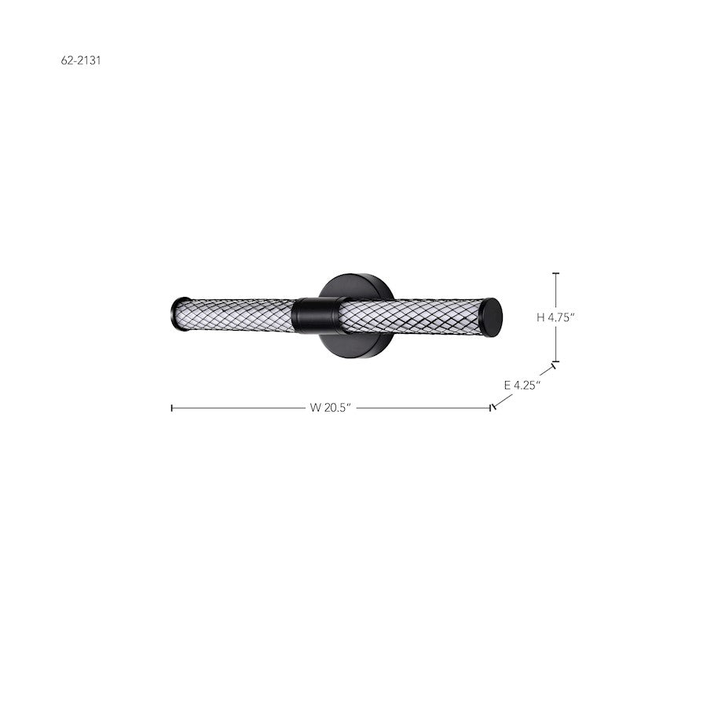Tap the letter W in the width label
point(315,408)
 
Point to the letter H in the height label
point(540,317)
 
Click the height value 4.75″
point(562,317)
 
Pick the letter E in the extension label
point(507,385)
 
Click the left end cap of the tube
point(180,313)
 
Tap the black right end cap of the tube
point(492,317)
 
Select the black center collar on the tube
point(314,316)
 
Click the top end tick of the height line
point(556,273)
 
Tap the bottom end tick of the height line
point(556,361)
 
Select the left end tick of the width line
point(172,408)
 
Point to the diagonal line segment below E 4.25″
point(503,400)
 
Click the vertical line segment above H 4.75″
point(556,291)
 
